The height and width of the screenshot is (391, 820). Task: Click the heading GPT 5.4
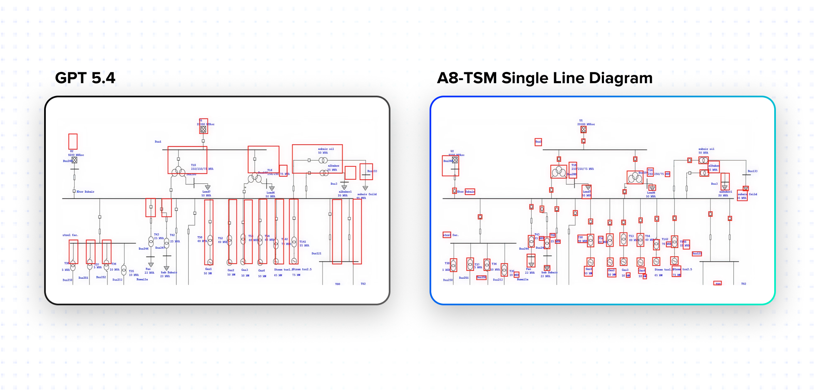(85, 78)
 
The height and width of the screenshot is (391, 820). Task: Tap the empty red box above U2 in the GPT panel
(73, 141)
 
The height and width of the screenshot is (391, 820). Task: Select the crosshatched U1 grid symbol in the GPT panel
(203, 129)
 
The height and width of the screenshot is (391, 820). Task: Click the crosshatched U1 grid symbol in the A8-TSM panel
(584, 129)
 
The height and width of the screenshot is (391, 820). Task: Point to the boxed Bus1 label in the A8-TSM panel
(538, 142)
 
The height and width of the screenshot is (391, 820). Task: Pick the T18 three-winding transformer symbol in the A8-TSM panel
(559, 171)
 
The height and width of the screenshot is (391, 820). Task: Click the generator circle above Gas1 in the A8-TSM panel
(590, 262)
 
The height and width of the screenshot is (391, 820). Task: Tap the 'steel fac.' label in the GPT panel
(70, 235)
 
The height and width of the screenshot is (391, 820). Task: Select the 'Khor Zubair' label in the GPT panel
(85, 192)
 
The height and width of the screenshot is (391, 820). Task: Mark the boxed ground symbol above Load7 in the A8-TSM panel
(588, 188)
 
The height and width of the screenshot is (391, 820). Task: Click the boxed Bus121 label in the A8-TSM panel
(697, 253)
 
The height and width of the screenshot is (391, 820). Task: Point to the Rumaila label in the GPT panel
(142, 280)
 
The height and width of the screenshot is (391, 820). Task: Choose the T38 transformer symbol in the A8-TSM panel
(453, 265)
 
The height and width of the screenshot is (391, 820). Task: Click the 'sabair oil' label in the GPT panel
(326, 149)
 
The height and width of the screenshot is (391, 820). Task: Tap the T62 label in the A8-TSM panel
(743, 284)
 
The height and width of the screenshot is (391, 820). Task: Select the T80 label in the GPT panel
(338, 284)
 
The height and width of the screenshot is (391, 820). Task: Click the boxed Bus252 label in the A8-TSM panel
(481, 277)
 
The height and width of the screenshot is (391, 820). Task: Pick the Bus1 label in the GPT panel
(158, 142)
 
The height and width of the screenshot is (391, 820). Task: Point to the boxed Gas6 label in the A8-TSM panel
(642, 270)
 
